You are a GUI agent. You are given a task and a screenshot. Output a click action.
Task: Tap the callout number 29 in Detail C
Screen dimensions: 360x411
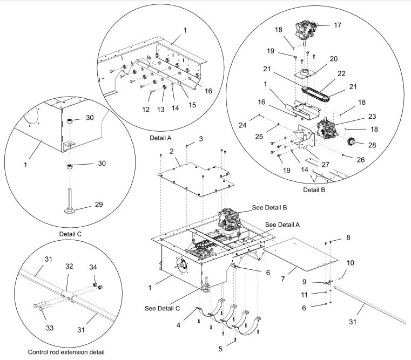tap(98, 205)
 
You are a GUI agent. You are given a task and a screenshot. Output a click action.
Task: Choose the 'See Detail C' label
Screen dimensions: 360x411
tap(163, 308)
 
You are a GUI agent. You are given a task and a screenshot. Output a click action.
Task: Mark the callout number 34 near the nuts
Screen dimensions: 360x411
tap(93, 267)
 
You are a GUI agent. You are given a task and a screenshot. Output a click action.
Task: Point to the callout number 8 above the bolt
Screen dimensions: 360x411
tap(348, 237)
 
